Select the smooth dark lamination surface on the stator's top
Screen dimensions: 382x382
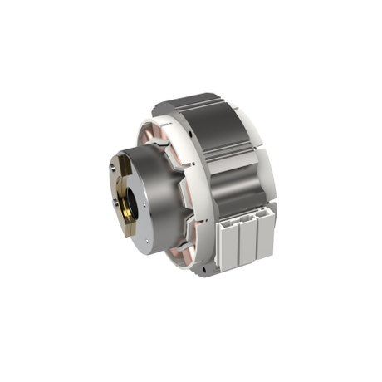click(195, 110)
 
